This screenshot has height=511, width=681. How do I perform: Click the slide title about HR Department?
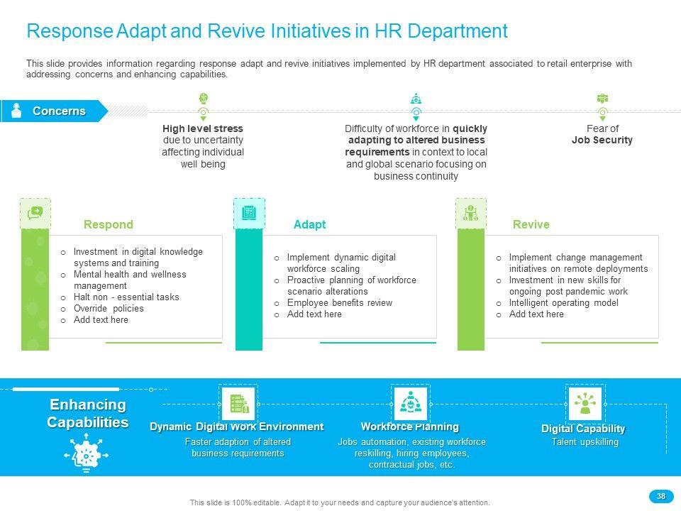(267, 31)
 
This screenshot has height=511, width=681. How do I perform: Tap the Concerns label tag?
(58, 111)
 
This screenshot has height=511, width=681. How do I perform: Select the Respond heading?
(108, 224)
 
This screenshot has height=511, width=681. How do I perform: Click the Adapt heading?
(309, 224)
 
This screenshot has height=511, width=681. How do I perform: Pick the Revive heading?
(531, 224)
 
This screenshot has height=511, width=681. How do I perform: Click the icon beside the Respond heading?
(35, 213)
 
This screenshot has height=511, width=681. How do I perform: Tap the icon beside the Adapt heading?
(249, 213)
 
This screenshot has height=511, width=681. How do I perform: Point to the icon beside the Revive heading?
(471, 213)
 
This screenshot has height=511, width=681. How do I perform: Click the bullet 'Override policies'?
(108, 309)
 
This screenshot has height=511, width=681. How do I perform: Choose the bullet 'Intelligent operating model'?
(563, 303)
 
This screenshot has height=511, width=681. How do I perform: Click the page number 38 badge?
(660, 496)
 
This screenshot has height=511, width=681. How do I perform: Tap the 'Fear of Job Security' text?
(602, 134)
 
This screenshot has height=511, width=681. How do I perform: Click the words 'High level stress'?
(203, 128)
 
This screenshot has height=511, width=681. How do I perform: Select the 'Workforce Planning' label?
(409, 427)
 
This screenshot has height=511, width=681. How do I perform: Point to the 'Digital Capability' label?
(583, 429)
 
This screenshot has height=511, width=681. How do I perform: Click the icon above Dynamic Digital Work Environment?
(238, 403)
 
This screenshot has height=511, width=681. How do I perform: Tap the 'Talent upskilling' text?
(585, 442)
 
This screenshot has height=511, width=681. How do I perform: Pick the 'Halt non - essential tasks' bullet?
(126, 297)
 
